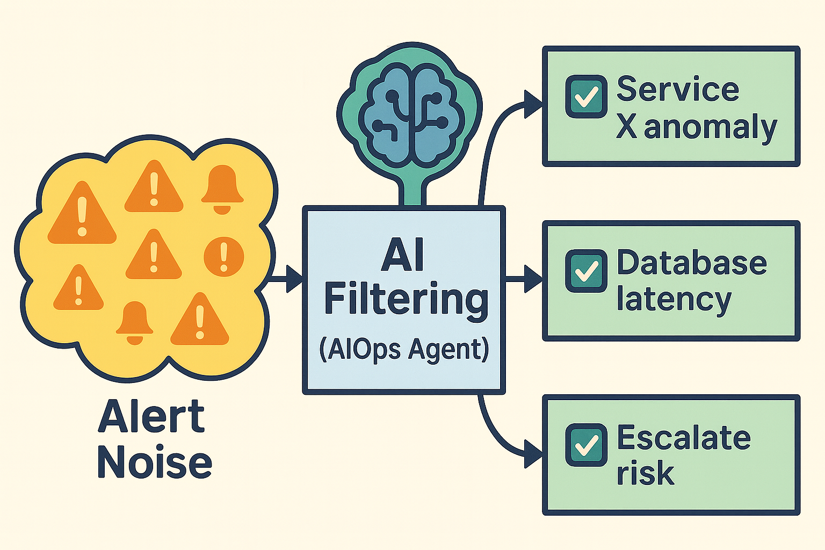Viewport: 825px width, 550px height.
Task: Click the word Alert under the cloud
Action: (x=151, y=417)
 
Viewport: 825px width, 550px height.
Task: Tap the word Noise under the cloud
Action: (x=155, y=463)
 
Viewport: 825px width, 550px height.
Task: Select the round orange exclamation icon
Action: (x=224, y=257)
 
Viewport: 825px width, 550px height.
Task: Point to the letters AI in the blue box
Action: (x=403, y=256)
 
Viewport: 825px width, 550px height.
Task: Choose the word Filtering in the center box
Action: (x=406, y=301)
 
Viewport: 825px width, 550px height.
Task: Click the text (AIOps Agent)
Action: (x=404, y=350)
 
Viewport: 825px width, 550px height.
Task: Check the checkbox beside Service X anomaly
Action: (x=586, y=97)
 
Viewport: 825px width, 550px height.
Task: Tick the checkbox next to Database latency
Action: (x=586, y=271)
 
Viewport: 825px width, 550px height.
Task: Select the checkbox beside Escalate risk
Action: (x=586, y=445)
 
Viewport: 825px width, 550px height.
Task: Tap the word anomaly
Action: (x=710, y=128)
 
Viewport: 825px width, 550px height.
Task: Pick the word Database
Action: (x=692, y=263)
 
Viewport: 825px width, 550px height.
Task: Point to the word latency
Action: (x=674, y=300)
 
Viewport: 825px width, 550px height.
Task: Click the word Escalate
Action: (x=683, y=438)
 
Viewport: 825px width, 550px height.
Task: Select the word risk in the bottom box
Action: (x=645, y=473)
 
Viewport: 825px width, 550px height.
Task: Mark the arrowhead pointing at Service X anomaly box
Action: (x=533, y=104)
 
